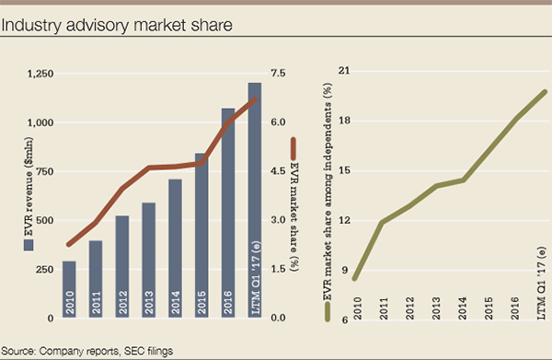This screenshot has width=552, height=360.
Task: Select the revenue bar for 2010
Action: [70, 289]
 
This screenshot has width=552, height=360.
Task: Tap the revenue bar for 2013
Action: [148, 260]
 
